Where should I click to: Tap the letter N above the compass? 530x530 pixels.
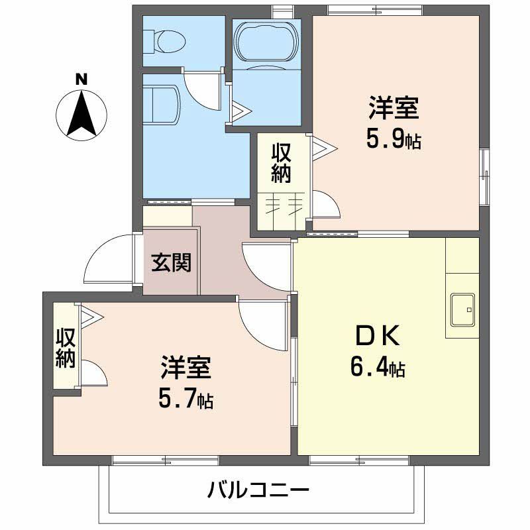(x=81, y=78)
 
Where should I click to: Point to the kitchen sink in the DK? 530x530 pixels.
(x=462, y=309)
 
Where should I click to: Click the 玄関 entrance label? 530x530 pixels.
(x=171, y=262)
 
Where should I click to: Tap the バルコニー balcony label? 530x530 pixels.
(x=258, y=491)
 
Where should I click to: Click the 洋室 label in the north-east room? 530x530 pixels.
(x=394, y=107)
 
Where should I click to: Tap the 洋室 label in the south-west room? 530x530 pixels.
(x=185, y=368)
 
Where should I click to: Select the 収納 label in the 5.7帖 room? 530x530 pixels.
(x=65, y=346)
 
